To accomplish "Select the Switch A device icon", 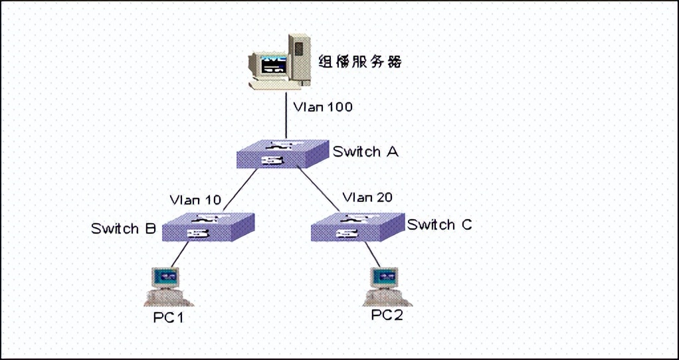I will (283, 154).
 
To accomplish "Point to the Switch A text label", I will (365, 151).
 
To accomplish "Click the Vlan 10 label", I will (195, 199).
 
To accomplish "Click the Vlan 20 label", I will (367, 197).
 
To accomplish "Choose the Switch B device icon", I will (208, 228).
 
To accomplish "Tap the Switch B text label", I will (124, 229).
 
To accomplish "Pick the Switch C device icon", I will (357, 227).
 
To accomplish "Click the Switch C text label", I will (440, 225).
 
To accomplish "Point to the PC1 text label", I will (168, 317).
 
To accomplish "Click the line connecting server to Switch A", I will (286, 120).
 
